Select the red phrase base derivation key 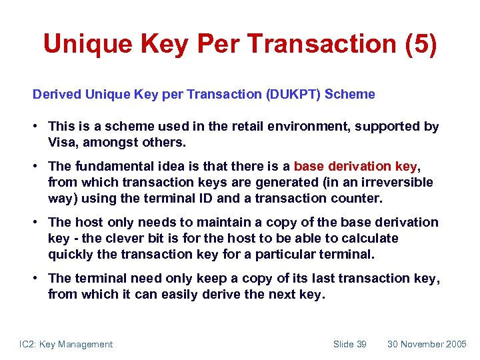point(355,167)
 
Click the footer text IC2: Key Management point(65,344)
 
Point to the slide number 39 point(361,344)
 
